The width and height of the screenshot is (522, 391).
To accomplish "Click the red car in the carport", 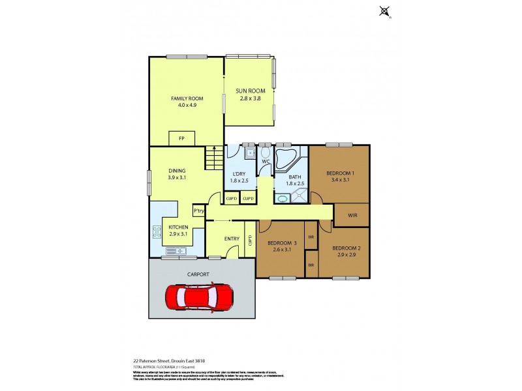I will click(x=199, y=297).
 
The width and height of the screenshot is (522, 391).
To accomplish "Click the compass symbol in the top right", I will click(x=384, y=10).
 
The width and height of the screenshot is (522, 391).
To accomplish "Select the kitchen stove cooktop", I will click(x=157, y=231).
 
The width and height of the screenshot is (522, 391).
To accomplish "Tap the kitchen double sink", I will click(x=174, y=251).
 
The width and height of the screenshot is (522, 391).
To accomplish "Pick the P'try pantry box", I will click(x=198, y=210).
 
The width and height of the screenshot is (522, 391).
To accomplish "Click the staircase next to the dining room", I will click(x=213, y=158).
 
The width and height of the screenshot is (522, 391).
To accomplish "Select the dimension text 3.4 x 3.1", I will click(x=339, y=179).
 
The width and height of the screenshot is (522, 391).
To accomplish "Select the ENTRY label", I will click(x=232, y=239).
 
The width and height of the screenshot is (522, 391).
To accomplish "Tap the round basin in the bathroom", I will click(x=282, y=196).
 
